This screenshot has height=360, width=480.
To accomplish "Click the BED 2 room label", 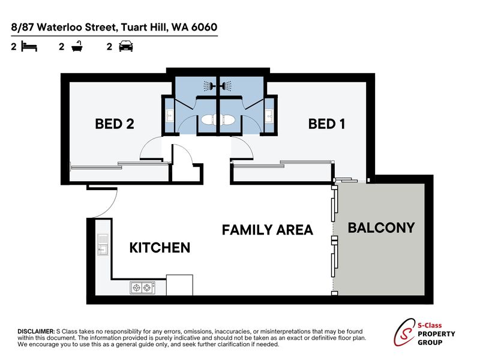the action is [x=115, y=124].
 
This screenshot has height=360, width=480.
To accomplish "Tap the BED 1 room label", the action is [x=326, y=124].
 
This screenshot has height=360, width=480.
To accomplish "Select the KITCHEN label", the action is [x=160, y=248].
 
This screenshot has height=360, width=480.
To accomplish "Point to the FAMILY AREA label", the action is [x=267, y=230].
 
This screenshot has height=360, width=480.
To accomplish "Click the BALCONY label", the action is [x=382, y=228].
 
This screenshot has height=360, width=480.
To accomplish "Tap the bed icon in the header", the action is [x=29, y=47].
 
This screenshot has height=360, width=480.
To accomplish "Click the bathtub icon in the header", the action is [x=77, y=47].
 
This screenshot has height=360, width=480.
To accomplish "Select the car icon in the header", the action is [x=126, y=46].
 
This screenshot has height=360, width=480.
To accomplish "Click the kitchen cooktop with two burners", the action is [x=142, y=288].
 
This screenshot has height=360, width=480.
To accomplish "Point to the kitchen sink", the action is [x=103, y=245].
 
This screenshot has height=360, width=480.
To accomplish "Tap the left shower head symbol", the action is [x=208, y=86].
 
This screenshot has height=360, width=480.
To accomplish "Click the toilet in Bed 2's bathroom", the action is [x=209, y=120].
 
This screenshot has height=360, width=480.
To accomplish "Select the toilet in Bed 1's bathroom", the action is [x=228, y=120].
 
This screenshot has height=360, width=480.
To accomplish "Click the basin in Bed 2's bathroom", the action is [x=170, y=116].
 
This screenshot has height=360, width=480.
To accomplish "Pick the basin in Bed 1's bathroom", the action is [x=269, y=116].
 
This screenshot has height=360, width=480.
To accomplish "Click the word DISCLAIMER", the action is [x=36, y=332].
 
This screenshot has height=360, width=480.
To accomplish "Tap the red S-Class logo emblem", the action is [x=404, y=333].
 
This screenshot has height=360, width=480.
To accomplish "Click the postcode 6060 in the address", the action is [x=204, y=27].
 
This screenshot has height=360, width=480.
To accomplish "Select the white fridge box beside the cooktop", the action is [x=179, y=285].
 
